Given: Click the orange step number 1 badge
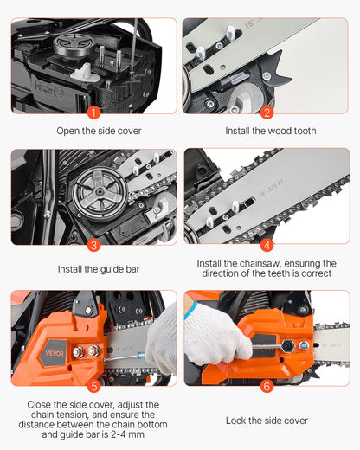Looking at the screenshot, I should click(x=93, y=112).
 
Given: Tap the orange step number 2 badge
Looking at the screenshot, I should click(x=267, y=112).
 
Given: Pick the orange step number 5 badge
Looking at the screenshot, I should click(x=93, y=385).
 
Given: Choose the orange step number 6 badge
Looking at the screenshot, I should click(x=267, y=385).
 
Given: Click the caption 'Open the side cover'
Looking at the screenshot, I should click(x=93, y=131).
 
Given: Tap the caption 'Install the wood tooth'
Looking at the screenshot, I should click(x=267, y=131).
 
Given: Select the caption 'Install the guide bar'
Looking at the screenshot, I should click(x=93, y=269).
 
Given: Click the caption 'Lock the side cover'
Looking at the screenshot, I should click(x=267, y=421).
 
